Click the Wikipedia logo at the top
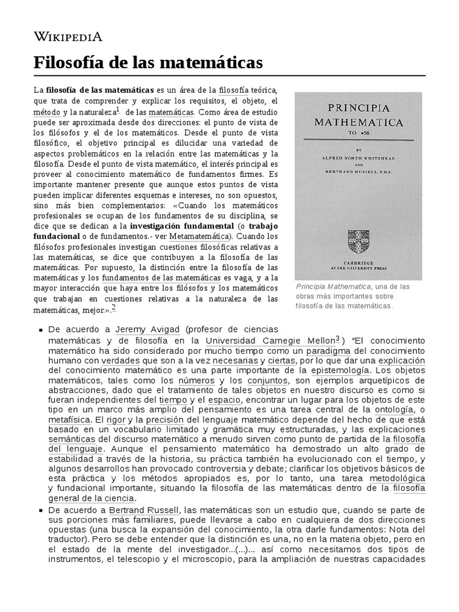pos(68,37)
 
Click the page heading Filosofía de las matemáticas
pos(148,62)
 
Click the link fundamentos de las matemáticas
pos(161,278)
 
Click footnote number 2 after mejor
pos(114,308)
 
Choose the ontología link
pos(394,409)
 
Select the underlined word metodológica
pos(397,479)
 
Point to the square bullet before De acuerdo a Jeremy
pos(39,330)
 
